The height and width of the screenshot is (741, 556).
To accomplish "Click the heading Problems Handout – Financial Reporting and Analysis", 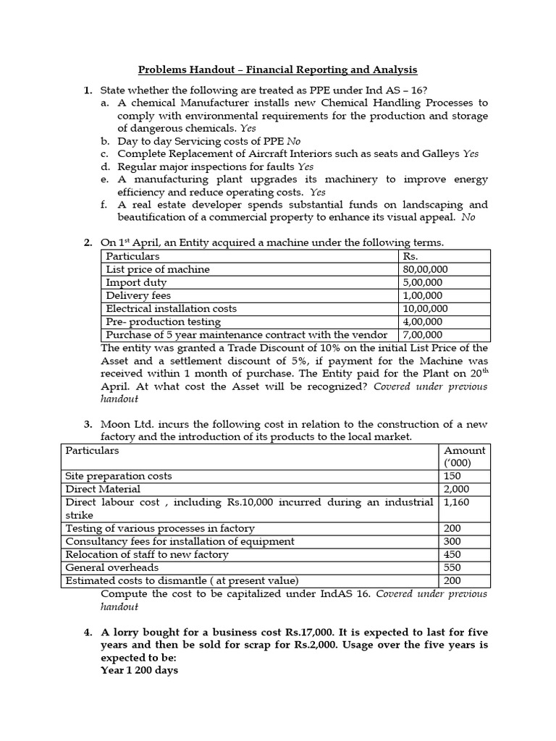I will pyautogui.click(x=278, y=69).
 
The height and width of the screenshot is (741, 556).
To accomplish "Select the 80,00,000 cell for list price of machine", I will pyautogui.click(x=426, y=269).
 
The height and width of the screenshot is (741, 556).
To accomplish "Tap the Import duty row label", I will pyautogui.click(x=136, y=282).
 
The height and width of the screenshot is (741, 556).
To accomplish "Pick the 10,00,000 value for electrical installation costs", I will pyautogui.click(x=426, y=308).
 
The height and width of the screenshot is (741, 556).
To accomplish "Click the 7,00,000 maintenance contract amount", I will pyautogui.click(x=424, y=334).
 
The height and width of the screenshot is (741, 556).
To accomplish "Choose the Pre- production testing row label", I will pyautogui.click(x=164, y=321).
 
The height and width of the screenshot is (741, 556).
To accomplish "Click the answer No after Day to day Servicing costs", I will pyautogui.click(x=293, y=141).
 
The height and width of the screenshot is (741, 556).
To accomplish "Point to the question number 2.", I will pyautogui.click(x=88, y=242).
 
